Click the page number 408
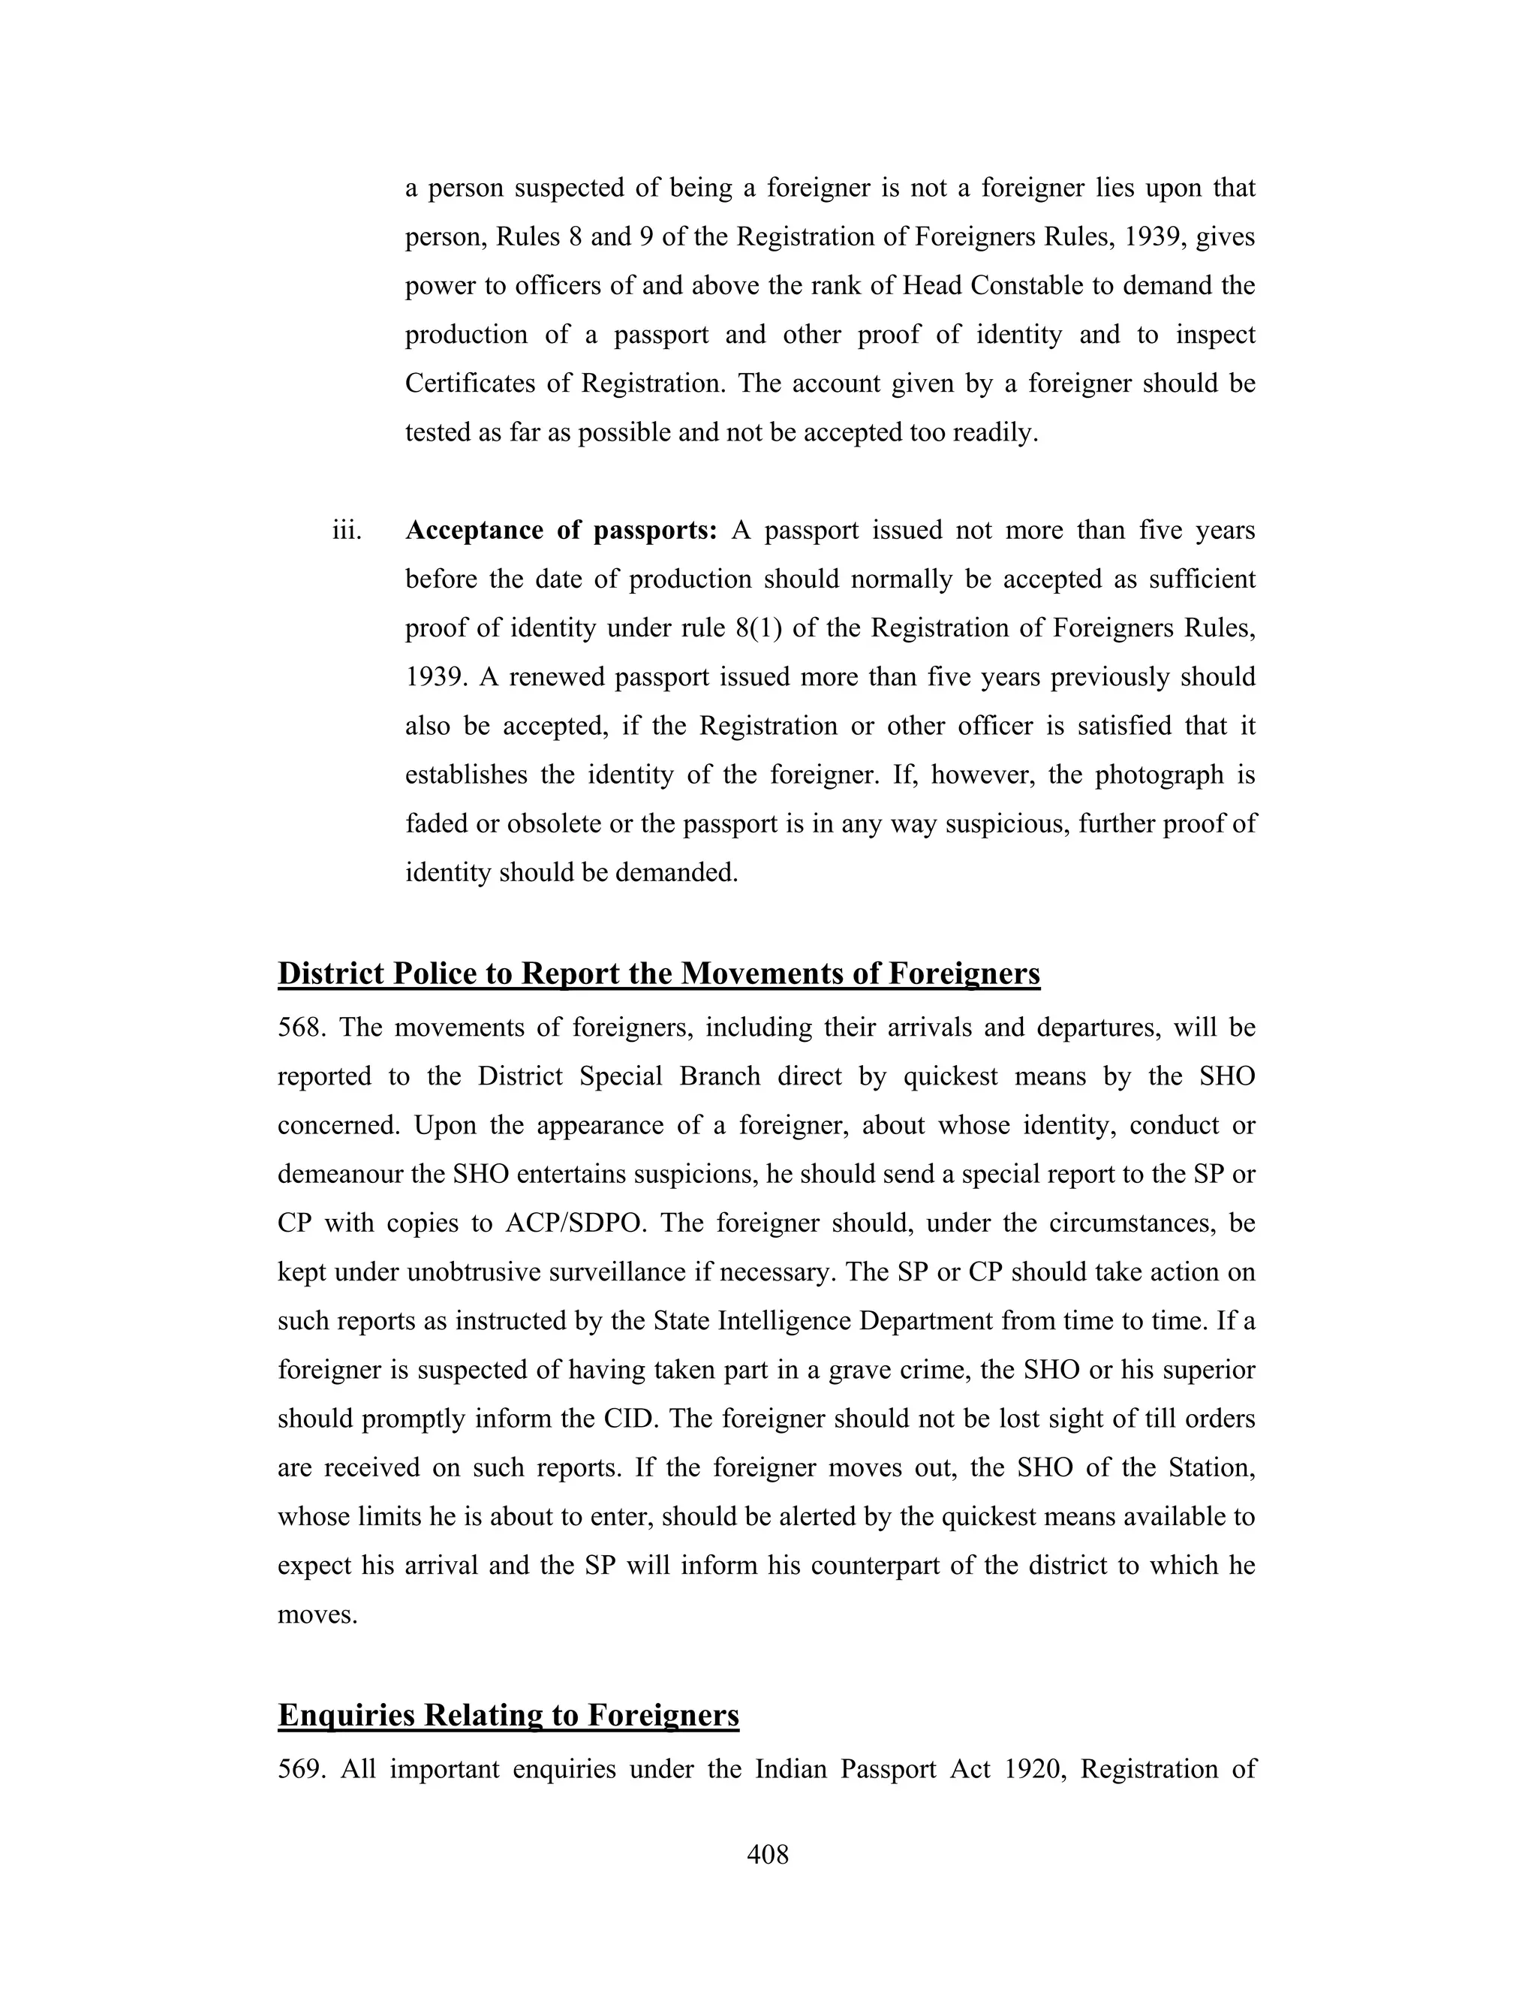tap(768, 1854)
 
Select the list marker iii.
tap(346, 530)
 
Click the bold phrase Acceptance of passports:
tap(561, 530)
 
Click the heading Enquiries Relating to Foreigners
tap(508, 1715)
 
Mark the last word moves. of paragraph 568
tap(317, 1614)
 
